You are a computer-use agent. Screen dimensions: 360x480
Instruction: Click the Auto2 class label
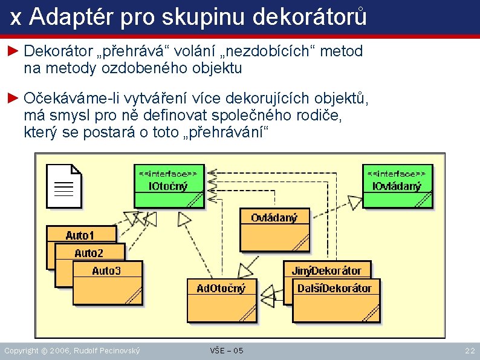(x=89, y=253)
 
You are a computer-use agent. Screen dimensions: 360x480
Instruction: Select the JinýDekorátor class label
(x=326, y=270)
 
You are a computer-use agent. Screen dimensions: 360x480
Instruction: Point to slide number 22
(x=469, y=350)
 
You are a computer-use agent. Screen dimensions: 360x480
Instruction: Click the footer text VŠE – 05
(x=227, y=350)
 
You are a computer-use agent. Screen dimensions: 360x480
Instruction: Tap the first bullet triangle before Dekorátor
(x=13, y=51)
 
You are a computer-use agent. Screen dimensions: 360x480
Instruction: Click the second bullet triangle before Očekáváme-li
(x=13, y=98)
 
